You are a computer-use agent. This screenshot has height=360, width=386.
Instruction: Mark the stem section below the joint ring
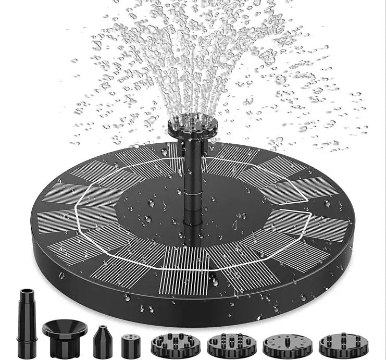click(191, 214)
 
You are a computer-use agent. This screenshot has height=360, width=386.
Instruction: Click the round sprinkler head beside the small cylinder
click(170, 343)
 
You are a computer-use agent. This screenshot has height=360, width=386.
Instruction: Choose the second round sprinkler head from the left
click(225, 344)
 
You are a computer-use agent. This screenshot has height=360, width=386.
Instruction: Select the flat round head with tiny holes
click(281, 344)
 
